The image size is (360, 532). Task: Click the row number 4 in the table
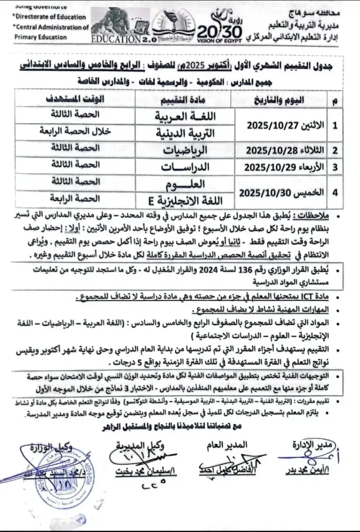[x=335, y=192]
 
